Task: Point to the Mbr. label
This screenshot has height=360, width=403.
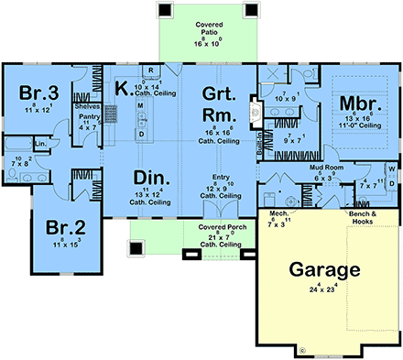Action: [351, 103]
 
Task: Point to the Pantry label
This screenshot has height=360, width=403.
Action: [88, 117]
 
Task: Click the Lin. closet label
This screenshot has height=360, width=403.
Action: [42, 144]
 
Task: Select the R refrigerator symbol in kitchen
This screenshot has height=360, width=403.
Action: [146, 71]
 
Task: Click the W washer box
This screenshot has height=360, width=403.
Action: [392, 169]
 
